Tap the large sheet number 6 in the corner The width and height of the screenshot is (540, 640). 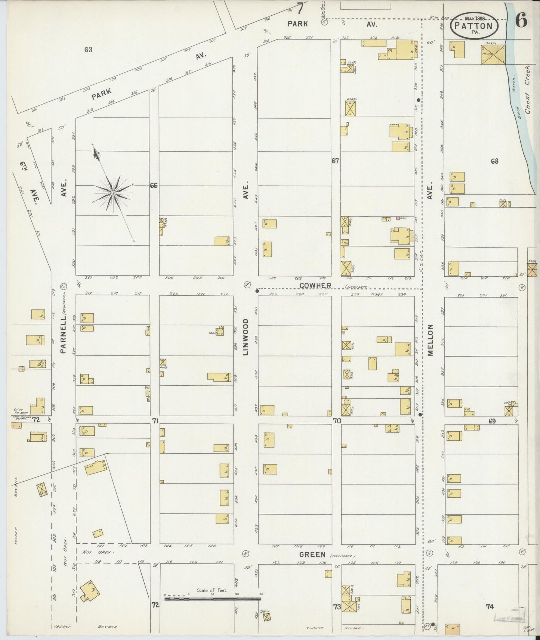[x=522, y=21]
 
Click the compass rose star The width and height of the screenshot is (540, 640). [x=113, y=193]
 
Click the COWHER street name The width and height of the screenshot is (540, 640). [x=315, y=285]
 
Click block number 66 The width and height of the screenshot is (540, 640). [x=154, y=185]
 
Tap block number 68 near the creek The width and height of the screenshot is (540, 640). [x=495, y=161]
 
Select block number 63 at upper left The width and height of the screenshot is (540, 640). [x=88, y=49]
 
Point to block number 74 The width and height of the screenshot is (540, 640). [x=490, y=607]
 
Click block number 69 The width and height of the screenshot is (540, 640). [x=492, y=421]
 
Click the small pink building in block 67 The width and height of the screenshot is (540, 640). [x=398, y=218]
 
